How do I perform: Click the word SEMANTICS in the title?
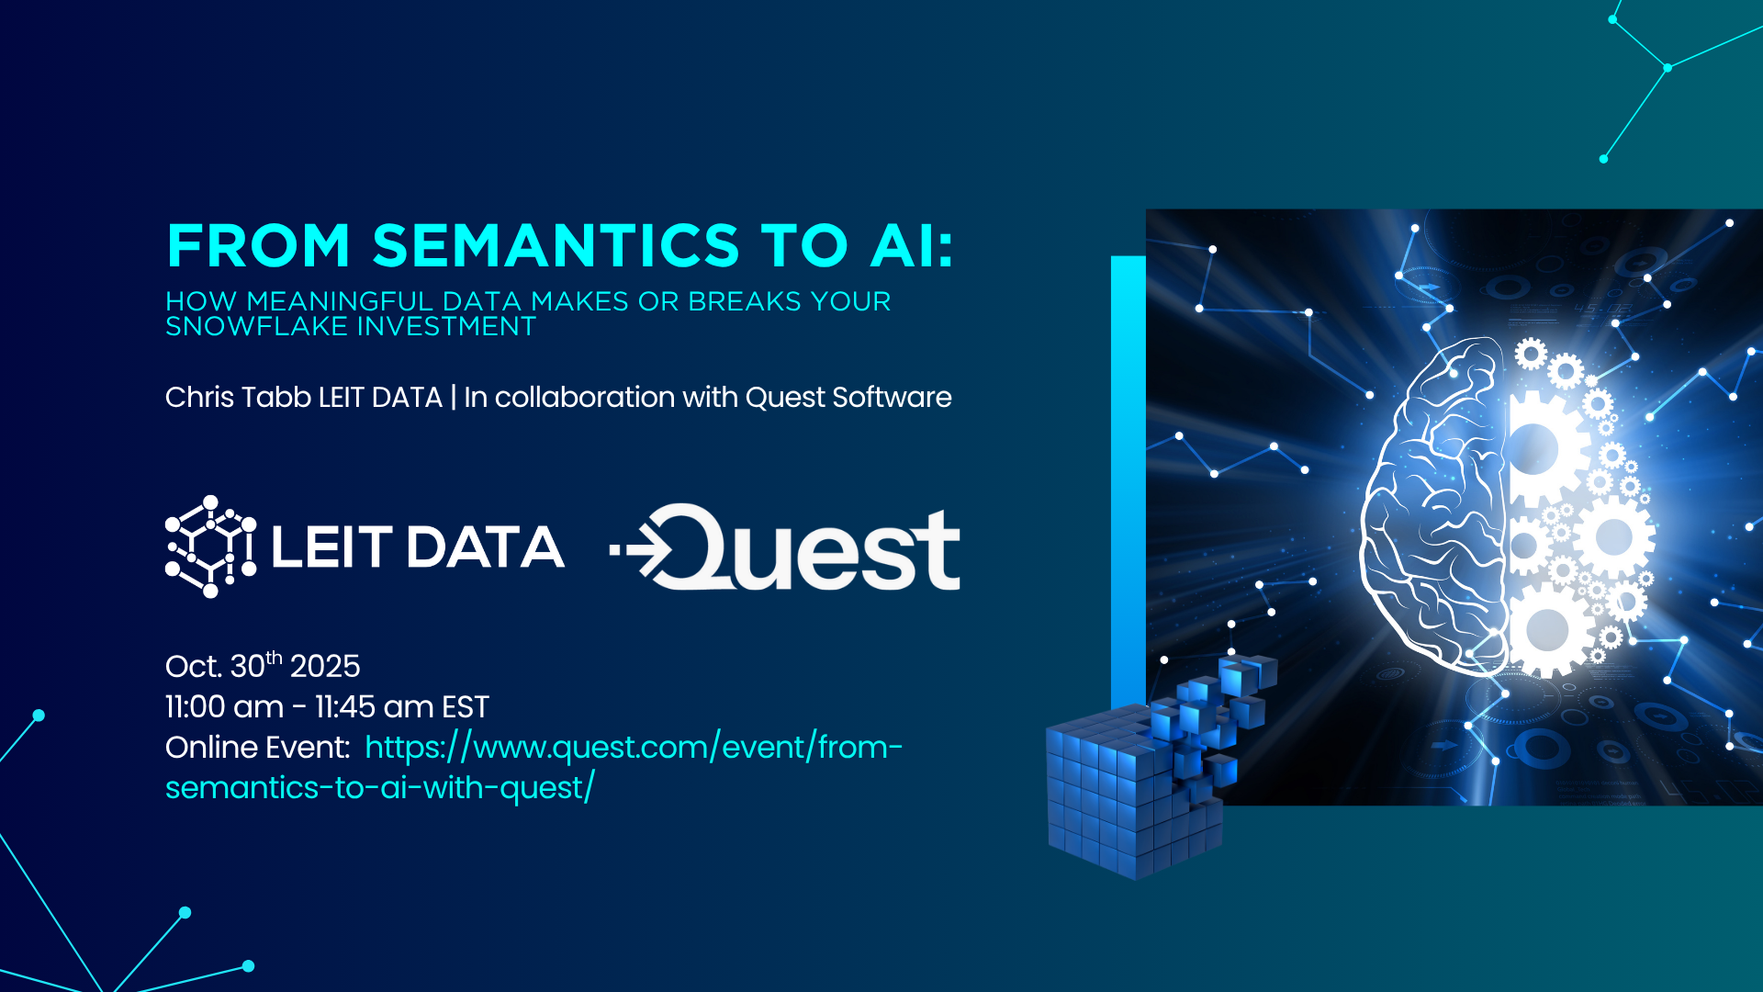556,245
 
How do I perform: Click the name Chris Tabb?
238,397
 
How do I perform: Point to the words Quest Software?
848,398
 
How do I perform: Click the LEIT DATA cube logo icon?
210,547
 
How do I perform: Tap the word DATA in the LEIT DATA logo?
485,547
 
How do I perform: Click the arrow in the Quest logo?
642,550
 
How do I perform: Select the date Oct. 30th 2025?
263,664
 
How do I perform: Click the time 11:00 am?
224,706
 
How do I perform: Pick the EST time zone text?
466,706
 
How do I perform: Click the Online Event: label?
257,747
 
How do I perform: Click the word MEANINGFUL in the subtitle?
340,301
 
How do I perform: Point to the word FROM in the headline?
259,245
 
